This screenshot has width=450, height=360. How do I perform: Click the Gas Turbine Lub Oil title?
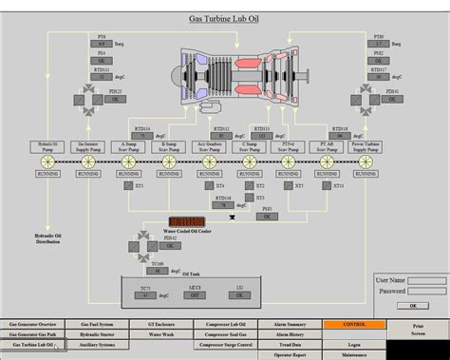point(224,18)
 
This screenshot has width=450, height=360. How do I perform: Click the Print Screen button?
point(419,329)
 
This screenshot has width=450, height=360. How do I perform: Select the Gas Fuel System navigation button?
point(100,324)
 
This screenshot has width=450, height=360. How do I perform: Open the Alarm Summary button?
point(290,324)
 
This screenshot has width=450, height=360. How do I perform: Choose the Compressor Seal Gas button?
point(225,334)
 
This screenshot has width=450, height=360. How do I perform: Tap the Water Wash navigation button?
point(161,334)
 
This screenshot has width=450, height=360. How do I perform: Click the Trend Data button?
point(290,345)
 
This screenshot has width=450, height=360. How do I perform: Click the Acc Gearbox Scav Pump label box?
point(209,147)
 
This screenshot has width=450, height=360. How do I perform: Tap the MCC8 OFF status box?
point(194,294)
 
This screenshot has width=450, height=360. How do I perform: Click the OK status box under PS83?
point(268,217)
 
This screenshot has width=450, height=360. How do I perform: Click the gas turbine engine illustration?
point(224,80)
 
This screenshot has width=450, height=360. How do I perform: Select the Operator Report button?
point(290,354)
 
